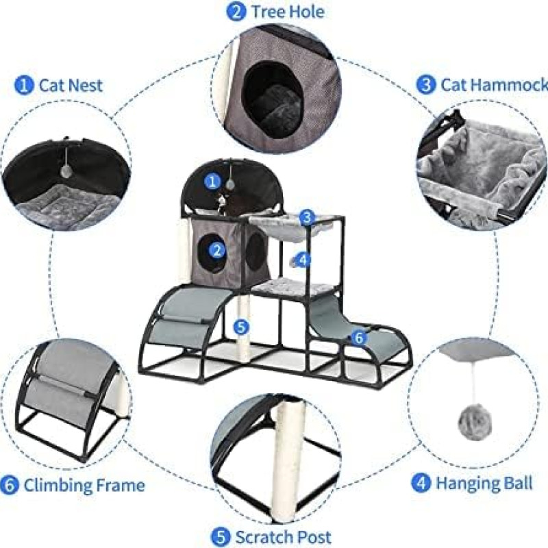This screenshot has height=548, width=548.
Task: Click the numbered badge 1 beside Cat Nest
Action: point(25,86)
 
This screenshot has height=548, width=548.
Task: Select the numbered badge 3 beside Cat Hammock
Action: point(426,84)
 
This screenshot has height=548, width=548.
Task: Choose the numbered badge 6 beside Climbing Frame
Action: point(10,486)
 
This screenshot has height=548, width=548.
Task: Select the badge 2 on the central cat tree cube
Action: point(218,250)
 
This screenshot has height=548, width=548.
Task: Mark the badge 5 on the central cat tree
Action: point(240,327)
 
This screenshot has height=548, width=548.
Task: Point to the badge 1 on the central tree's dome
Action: point(214,182)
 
